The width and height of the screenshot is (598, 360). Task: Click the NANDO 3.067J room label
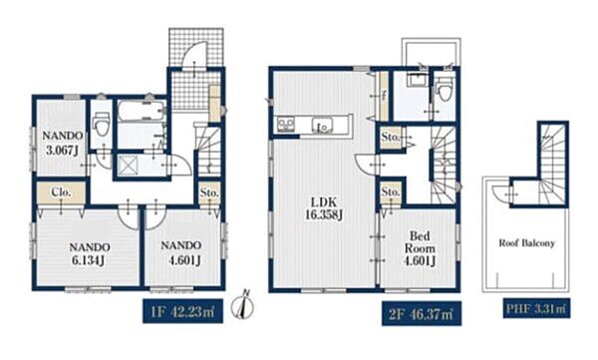tap(62, 143)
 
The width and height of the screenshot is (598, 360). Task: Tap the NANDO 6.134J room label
tap(90, 254)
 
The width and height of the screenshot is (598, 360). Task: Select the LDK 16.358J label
tap(323, 208)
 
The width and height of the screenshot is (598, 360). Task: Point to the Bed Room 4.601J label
tap(420, 248)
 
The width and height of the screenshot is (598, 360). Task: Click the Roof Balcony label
tap(526, 243)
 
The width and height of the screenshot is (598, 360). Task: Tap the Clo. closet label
tap(62, 192)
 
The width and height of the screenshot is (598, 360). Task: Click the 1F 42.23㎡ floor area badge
tap(182, 311)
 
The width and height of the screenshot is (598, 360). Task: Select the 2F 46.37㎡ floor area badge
tap(422, 314)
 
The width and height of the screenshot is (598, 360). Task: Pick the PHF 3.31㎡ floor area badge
tap(536, 308)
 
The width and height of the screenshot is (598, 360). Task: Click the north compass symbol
tap(243, 305)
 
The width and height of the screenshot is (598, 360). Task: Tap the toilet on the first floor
tap(102, 123)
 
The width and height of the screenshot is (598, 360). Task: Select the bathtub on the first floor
tap(141, 111)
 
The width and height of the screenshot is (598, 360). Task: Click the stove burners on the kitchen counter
tap(286, 125)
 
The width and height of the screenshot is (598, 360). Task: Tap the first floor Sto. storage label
tap(209, 192)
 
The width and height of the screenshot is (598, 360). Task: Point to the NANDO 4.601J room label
tap(182, 252)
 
